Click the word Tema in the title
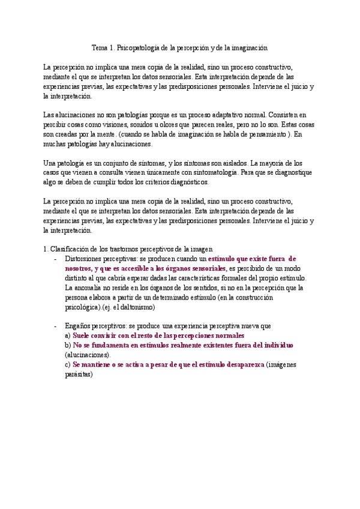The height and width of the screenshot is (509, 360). pos(100,47)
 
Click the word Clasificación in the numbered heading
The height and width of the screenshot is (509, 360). pos(70,249)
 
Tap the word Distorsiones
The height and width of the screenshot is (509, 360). pos(83,259)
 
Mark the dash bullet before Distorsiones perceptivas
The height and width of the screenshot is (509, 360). pos(55,259)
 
